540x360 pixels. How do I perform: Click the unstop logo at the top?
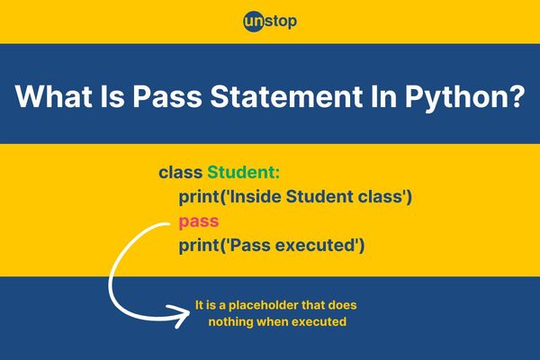(x=270, y=22)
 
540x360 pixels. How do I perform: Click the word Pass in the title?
(x=167, y=95)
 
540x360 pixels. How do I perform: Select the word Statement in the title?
(x=286, y=95)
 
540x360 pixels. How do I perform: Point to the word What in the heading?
(x=53, y=95)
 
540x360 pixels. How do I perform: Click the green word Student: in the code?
(x=244, y=172)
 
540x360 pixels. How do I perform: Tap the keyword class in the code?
(x=181, y=172)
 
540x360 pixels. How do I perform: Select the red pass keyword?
(x=199, y=222)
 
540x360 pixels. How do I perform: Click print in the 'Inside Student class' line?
(x=199, y=198)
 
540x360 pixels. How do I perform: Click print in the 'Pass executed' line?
(x=199, y=247)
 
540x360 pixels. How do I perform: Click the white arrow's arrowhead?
(x=178, y=316)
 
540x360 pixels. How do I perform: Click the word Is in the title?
(x=112, y=95)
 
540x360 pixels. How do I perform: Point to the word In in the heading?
(x=383, y=95)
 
